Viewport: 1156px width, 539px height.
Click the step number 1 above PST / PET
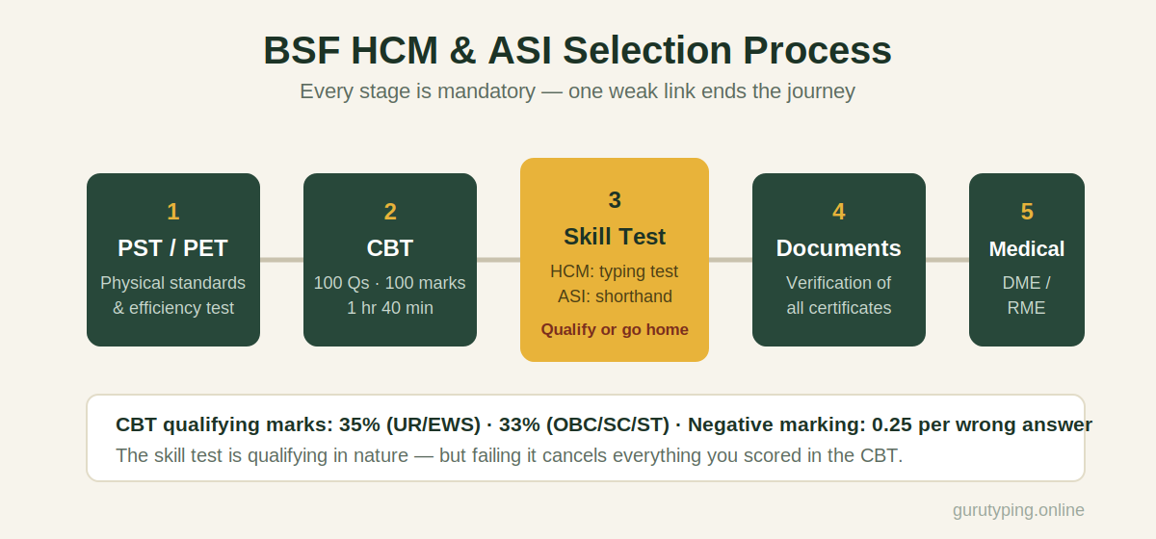173,212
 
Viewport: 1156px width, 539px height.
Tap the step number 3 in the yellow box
615,200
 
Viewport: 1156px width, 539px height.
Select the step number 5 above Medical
1027,212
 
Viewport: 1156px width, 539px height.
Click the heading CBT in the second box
389,248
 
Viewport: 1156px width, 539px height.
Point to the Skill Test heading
615,237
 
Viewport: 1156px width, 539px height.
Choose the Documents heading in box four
839,248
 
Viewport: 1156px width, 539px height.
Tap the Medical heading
1027,249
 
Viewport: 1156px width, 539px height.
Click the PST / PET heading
172,248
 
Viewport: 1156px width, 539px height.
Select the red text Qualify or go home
615,329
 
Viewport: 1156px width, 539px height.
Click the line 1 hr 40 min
389,308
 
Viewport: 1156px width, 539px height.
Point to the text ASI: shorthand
615,296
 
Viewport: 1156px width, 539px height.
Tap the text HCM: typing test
615,271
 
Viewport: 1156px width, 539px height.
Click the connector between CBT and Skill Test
499,260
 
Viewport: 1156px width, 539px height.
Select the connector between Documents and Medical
948,260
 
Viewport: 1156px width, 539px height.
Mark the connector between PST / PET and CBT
281,260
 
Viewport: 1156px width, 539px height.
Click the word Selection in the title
647,51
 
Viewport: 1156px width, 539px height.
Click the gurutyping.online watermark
1018,510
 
